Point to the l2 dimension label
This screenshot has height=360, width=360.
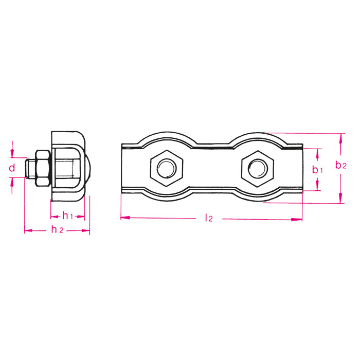(x=208, y=218)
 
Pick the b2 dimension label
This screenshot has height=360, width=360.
(x=340, y=165)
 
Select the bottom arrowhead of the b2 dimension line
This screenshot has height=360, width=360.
(x=340, y=200)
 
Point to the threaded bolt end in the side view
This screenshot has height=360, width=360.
(x=30, y=168)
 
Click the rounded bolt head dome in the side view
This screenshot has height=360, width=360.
(x=87, y=168)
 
